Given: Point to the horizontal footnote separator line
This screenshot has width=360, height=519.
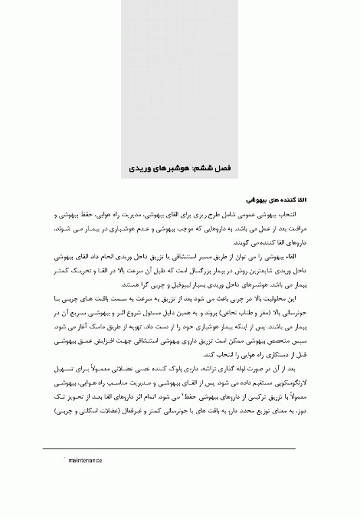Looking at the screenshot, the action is pyautogui.click(x=169, y=448).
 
